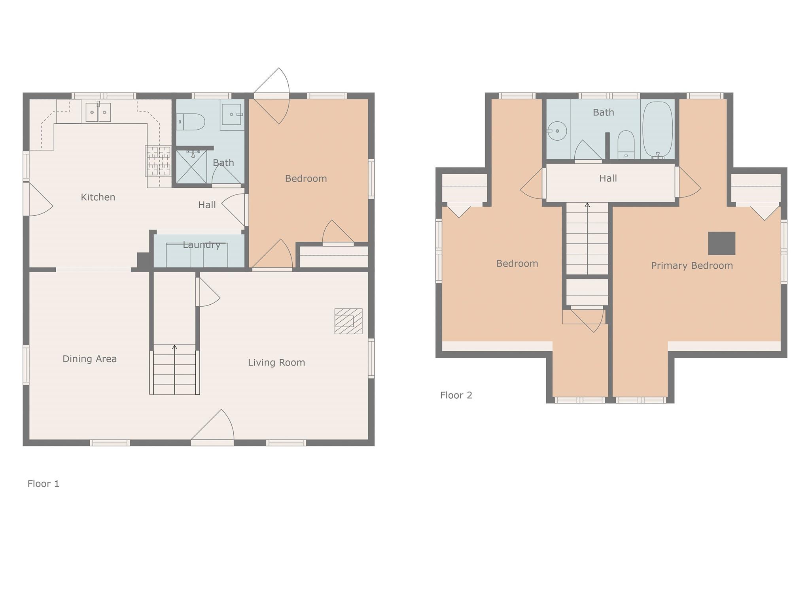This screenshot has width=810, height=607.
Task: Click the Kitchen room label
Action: [98, 197]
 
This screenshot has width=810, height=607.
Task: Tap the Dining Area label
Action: [89, 359]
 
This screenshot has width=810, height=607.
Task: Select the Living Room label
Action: [276, 362]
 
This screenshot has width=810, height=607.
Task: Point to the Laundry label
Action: [201, 245]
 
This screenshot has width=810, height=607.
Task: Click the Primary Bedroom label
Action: [692, 266]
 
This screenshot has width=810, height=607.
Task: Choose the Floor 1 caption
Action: [44, 484]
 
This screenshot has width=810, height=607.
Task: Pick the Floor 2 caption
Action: [456, 395]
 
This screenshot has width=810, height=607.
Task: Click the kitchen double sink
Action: [98, 112]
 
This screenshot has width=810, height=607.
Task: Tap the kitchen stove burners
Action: [159, 161]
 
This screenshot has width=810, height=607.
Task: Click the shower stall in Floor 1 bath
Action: [191, 167]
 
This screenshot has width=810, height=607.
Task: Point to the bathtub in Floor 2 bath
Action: [657, 130]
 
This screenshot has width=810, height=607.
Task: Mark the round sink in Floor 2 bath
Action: [558, 131]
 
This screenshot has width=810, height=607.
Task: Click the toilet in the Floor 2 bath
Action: [626, 144]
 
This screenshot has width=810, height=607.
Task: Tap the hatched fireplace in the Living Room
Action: [348, 321]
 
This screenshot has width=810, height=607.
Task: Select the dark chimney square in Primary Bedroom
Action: [721, 243]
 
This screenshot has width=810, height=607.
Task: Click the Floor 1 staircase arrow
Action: [174, 348]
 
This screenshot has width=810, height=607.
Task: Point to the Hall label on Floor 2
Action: [608, 179]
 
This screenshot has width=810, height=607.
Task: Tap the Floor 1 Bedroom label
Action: [306, 179]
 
